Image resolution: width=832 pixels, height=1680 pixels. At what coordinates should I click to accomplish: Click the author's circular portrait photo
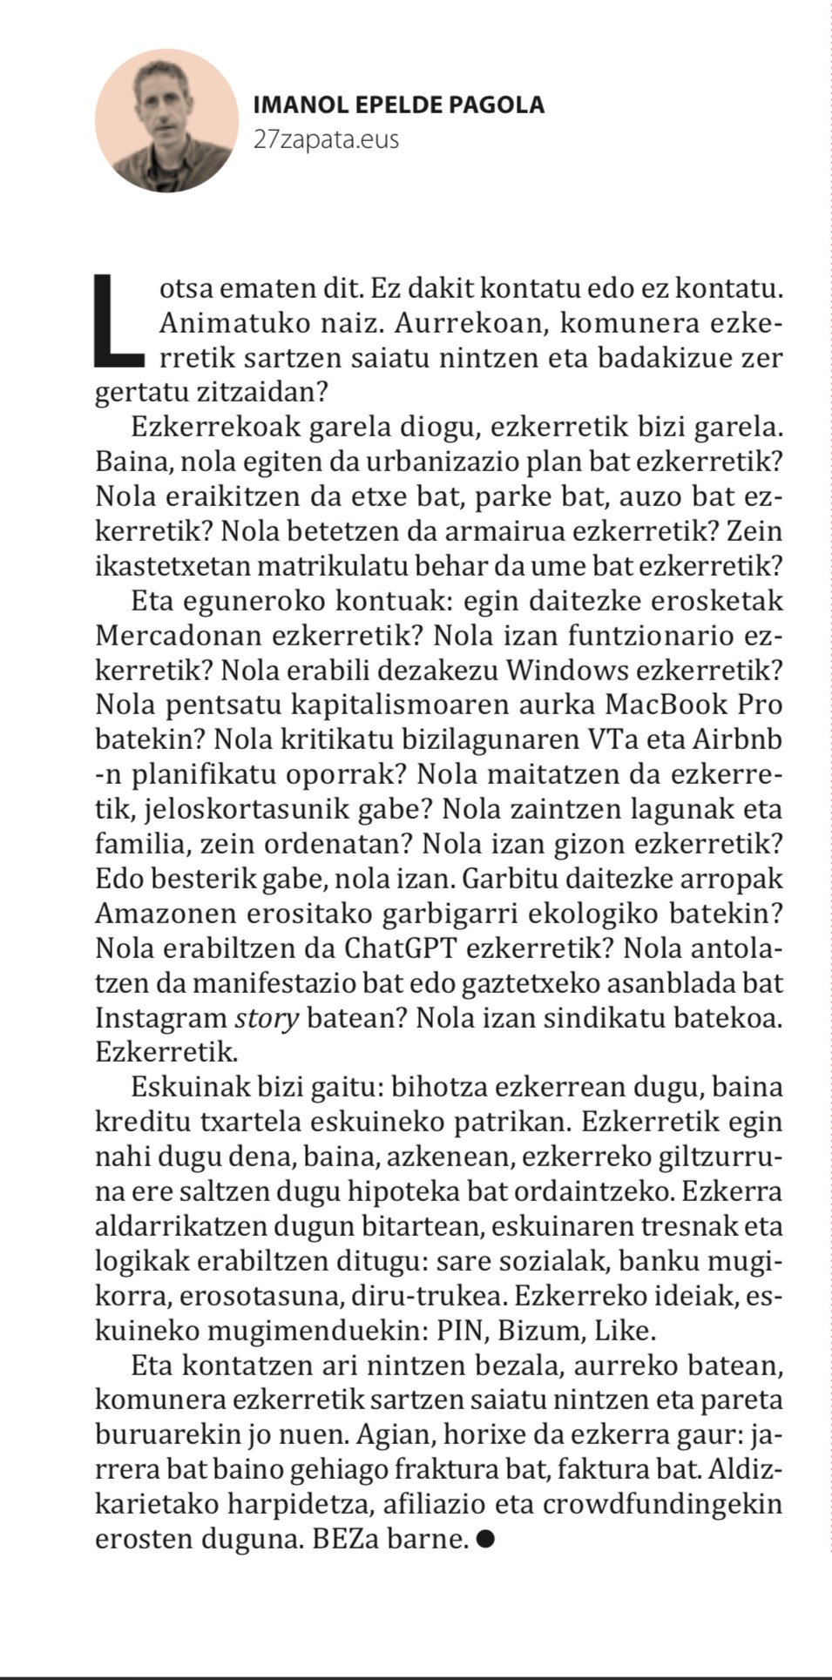(167, 120)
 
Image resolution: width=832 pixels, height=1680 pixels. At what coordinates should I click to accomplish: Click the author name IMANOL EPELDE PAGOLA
(398, 105)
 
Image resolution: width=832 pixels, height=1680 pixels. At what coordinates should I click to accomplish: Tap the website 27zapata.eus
(326, 139)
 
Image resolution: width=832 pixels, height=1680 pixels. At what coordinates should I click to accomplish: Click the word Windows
(568, 671)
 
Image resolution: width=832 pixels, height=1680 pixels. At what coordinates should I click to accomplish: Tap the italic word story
(267, 1018)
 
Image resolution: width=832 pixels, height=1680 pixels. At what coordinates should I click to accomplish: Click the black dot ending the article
(486, 1540)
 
